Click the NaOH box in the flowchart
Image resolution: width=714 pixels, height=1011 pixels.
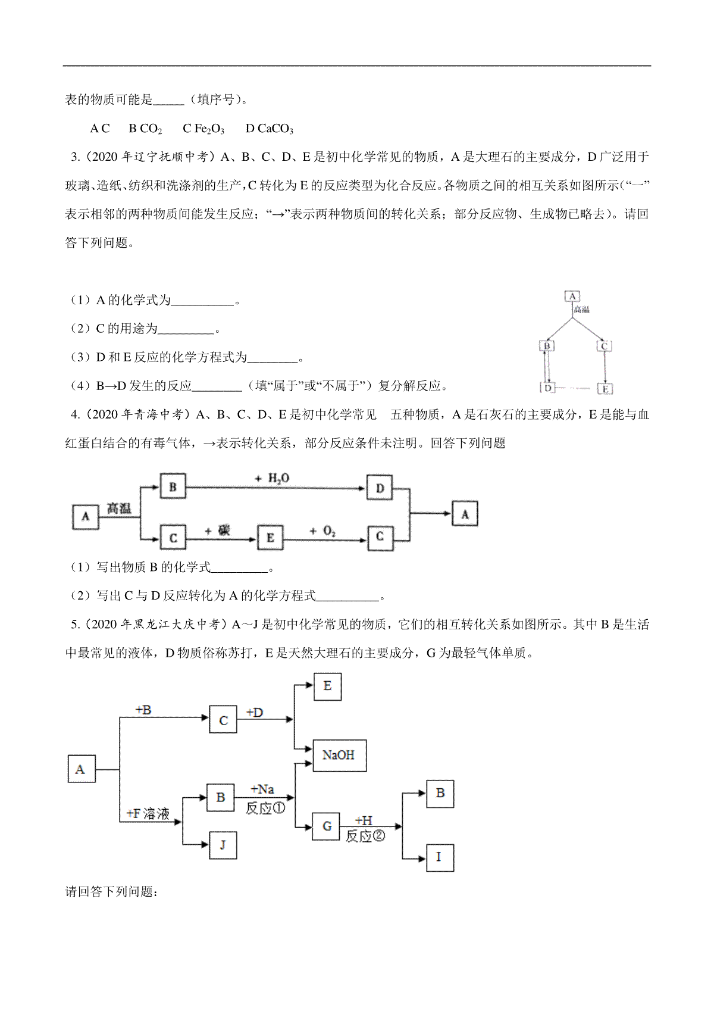pyautogui.click(x=339, y=755)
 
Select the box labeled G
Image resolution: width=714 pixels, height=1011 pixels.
pyautogui.click(x=325, y=826)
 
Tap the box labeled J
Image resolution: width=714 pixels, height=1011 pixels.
pyautogui.click(x=223, y=845)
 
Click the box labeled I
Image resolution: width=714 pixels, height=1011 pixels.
pyautogui.click(x=440, y=857)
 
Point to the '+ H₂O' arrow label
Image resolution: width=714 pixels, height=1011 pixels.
pyautogui.click(x=272, y=479)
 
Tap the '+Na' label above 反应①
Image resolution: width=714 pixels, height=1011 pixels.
pyautogui.click(x=262, y=790)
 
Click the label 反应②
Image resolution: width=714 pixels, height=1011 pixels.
pyautogui.click(x=365, y=836)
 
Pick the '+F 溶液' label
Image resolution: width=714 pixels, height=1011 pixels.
pyautogui.click(x=148, y=813)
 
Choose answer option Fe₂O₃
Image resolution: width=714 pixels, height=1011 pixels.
pyautogui.click(x=203, y=129)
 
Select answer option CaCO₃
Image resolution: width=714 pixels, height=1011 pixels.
pyautogui.click(x=270, y=129)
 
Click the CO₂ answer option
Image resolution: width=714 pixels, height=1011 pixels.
pyautogui.click(x=145, y=129)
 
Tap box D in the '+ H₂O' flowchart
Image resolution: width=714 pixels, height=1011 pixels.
pyautogui.click(x=380, y=488)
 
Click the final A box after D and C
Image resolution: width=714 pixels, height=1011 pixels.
pyautogui.click(x=465, y=514)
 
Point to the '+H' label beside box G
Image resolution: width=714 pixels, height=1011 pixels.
pyautogui.click(x=364, y=820)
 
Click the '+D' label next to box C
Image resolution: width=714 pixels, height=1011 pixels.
pyautogui.click(x=255, y=713)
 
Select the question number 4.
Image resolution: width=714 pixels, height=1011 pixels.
pyautogui.click(x=76, y=414)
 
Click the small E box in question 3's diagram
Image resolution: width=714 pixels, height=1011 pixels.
pyautogui.click(x=605, y=389)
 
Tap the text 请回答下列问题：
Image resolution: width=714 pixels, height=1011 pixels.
pyautogui.click(x=111, y=891)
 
